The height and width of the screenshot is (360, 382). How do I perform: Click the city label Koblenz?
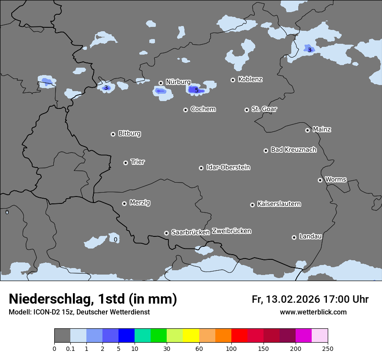pyautogui.click(x=250, y=79)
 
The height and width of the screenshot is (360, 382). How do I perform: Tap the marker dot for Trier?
pyautogui.click(x=126, y=163)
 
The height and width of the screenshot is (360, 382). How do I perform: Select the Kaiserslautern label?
pyautogui.click(x=279, y=204)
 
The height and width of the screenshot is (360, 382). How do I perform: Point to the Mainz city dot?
pyautogui.click(x=307, y=130)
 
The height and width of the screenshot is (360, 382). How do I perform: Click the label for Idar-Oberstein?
pyautogui.click(x=228, y=167)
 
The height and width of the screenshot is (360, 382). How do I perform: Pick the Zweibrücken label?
pyautogui.click(x=231, y=231)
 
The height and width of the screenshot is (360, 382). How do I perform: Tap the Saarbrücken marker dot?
pyautogui.click(x=166, y=233)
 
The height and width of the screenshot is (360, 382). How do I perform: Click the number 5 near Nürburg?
pyautogui.click(x=197, y=90)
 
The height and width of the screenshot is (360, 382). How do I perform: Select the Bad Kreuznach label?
pyautogui.click(x=293, y=150)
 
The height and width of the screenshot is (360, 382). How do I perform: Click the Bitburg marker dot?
pyautogui.click(x=113, y=134)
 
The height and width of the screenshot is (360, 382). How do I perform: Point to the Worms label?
pyautogui.click(x=336, y=180)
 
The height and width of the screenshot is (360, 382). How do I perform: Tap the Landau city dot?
pyautogui.click(x=294, y=237)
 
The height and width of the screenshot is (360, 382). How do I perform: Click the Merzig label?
pyautogui.click(x=140, y=203)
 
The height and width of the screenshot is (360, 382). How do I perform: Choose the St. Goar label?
pyautogui.click(x=264, y=109)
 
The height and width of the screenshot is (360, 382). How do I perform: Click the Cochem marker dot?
pyautogui.click(x=185, y=110)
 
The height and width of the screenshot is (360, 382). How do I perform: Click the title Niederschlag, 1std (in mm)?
pyautogui.click(x=93, y=299)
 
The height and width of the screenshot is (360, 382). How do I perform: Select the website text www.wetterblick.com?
pyautogui.click(x=313, y=312)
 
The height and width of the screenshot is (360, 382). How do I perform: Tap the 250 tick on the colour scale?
pyautogui.click(x=328, y=348)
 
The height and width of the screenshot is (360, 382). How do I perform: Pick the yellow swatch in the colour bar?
pyautogui.click(x=191, y=336)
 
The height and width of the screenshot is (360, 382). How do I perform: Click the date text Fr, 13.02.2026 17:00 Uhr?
pyautogui.click(x=310, y=299)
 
